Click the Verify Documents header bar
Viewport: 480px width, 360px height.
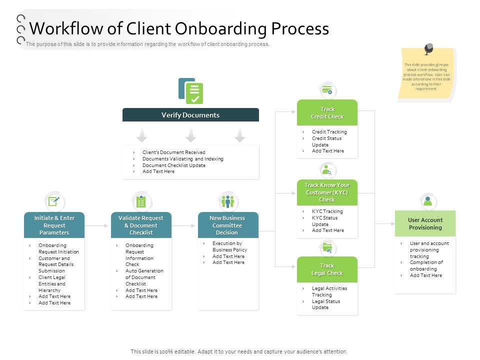click(190, 115)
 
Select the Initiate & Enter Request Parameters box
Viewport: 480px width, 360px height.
click(54, 225)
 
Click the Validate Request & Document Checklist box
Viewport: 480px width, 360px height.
click(141, 225)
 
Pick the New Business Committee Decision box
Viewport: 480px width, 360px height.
click(227, 225)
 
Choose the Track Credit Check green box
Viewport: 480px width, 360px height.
click(327, 112)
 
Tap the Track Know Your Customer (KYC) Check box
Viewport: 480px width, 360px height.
click(327, 192)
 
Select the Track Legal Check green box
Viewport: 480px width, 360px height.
click(327, 269)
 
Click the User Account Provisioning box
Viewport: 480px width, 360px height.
click(425, 223)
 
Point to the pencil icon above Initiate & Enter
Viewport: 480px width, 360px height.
click(54, 201)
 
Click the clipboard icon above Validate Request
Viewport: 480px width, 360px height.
click(141, 201)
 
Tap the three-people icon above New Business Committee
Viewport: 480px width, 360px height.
click(227, 201)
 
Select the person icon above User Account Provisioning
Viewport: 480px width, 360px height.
click(427, 201)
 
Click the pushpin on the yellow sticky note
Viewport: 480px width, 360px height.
click(428, 49)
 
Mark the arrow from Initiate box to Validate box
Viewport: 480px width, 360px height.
click(97, 225)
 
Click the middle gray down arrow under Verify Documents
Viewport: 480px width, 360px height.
click(190, 134)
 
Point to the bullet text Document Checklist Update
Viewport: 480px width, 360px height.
click(173, 165)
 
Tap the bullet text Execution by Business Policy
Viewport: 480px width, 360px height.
click(229, 246)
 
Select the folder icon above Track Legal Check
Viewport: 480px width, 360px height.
click(327, 247)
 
